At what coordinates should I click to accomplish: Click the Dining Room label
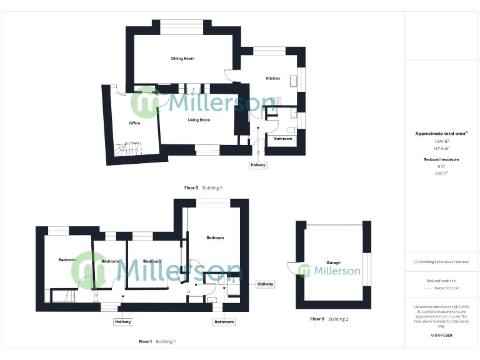[x=183, y=59]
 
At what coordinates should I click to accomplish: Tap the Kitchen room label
[x=273, y=78]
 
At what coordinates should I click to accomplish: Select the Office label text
[x=134, y=123]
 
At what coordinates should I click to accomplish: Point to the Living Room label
[x=199, y=120]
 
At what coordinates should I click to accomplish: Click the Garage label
[x=333, y=262]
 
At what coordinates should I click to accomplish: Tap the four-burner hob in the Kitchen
[x=276, y=100]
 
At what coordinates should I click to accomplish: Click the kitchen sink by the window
[x=301, y=77]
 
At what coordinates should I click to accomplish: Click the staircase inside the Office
[x=133, y=149]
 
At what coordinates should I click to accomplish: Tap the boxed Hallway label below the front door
[x=257, y=166]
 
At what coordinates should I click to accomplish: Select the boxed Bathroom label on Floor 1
[x=224, y=322]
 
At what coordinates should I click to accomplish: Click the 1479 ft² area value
[x=442, y=141]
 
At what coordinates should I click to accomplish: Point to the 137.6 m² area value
[x=442, y=149]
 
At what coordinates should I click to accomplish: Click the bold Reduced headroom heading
[x=442, y=159]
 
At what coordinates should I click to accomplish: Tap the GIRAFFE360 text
[x=442, y=336]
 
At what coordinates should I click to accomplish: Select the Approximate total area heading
[x=441, y=133]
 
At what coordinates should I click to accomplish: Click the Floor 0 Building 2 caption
[x=329, y=319]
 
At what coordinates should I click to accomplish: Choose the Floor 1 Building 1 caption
[x=157, y=342]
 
